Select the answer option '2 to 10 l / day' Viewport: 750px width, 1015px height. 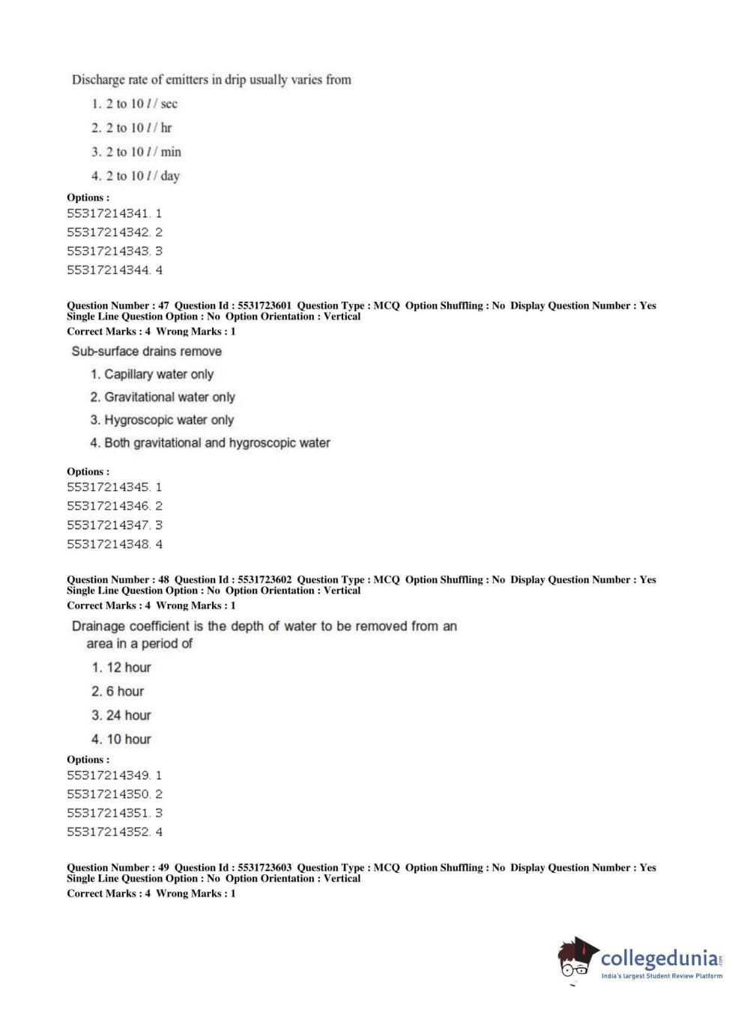[136, 176]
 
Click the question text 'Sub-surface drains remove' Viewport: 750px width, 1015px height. [147, 351]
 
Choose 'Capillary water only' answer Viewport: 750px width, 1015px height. [152, 374]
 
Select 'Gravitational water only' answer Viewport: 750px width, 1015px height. [163, 397]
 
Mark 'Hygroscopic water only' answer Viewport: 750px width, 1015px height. [162, 420]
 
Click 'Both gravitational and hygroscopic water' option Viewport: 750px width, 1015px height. [210, 442]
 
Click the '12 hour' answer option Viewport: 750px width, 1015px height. [121, 667]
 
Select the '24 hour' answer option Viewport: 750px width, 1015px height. [121, 715]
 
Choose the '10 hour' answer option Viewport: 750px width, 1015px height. [121, 739]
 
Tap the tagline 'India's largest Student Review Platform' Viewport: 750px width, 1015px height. [662, 976]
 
